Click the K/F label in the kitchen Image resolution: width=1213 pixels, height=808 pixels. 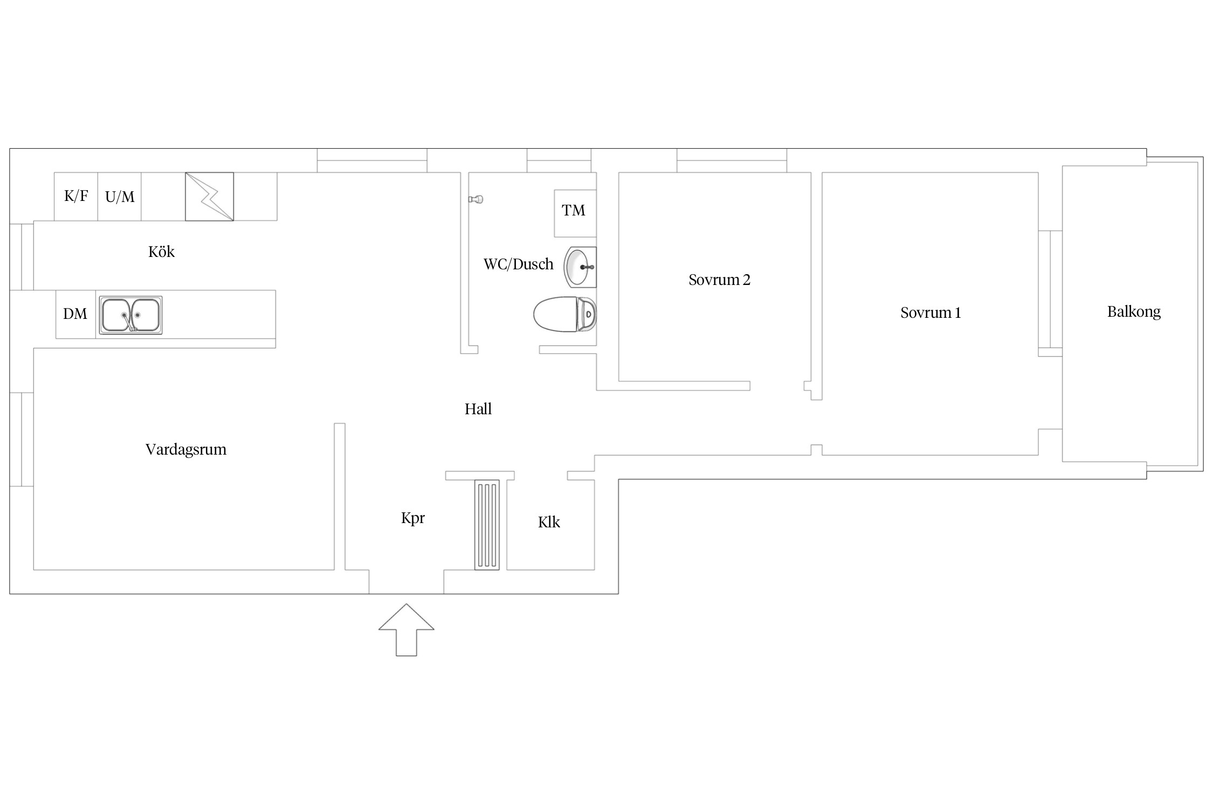pyautogui.click(x=76, y=196)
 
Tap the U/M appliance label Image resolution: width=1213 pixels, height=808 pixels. pyautogui.click(x=120, y=197)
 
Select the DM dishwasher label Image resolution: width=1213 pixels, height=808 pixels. pyautogui.click(x=75, y=314)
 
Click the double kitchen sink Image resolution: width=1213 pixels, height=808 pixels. pyautogui.click(x=130, y=315)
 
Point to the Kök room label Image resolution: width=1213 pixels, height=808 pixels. pyautogui.click(x=161, y=252)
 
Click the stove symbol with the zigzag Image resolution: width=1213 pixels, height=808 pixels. pyautogui.click(x=209, y=197)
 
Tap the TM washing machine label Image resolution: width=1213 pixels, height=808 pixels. pyautogui.click(x=573, y=210)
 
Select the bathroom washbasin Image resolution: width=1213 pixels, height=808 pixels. pyautogui.click(x=580, y=267)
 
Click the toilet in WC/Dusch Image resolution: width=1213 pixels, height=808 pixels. pyautogui.click(x=565, y=314)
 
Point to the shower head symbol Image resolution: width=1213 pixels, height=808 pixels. pyautogui.click(x=475, y=199)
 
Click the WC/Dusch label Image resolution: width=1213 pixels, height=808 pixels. pyautogui.click(x=518, y=264)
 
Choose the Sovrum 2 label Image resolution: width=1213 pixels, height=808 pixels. pyautogui.click(x=719, y=280)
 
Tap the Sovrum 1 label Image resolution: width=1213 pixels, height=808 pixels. pyautogui.click(x=931, y=312)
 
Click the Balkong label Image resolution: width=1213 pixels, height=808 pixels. pyautogui.click(x=1134, y=311)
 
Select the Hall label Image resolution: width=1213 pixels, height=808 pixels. pyautogui.click(x=478, y=409)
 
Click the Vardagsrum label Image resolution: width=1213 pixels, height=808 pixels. pyautogui.click(x=186, y=449)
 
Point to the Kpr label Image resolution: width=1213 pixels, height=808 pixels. pyautogui.click(x=413, y=518)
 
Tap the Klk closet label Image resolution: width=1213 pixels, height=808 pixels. pyautogui.click(x=549, y=522)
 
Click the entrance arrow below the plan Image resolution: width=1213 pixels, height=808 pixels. pyautogui.click(x=406, y=630)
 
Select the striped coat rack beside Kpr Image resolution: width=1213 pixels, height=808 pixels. pyautogui.click(x=487, y=525)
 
